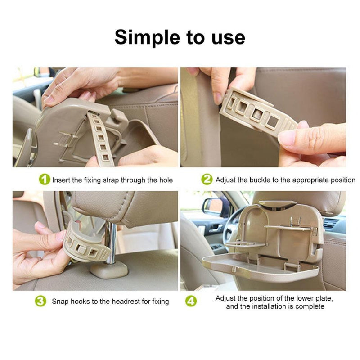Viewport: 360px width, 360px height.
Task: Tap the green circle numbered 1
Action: pyautogui.click(x=45, y=180)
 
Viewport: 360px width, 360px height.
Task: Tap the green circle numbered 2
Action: pyautogui.click(x=207, y=180)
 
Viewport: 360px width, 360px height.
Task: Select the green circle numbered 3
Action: pyautogui.click(x=40, y=301)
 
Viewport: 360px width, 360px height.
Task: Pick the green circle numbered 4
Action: pyautogui.click(x=191, y=301)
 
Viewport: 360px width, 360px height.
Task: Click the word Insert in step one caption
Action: pyautogui.click(x=61, y=180)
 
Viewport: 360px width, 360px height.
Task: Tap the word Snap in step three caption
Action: pyautogui.click(x=60, y=301)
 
